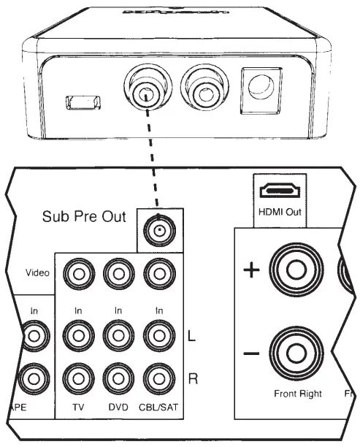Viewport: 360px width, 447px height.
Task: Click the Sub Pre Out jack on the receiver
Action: click(156, 230)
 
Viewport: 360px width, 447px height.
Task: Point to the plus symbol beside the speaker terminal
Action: click(250, 271)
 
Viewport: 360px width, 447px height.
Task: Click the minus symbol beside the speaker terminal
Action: click(250, 354)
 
